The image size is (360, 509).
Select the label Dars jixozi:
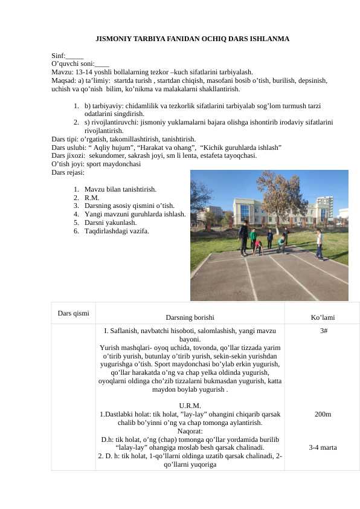pyautogui.click(x=65, y=155)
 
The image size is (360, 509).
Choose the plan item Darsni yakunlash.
pyautogui.click(x=114, y=222)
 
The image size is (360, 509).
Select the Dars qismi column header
pyautogui.click(x=73, y=313)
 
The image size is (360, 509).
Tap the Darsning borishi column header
pyautogui.click(x=189, y=317)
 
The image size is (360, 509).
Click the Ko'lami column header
pyautogui.click(x=323, y=317)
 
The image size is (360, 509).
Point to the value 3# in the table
pyautogui.click(x=323, y=331)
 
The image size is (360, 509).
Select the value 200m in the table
pyautogui.click(x=323, y=414)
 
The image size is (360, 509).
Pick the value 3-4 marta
pyautogui.click(x=323, y=448)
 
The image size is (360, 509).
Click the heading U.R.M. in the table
pyautogui.click(x=190, y=405)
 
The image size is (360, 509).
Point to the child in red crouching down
pyautogui.click(x=259, y=246)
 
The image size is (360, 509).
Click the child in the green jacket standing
pyautogui.click(x=254, y=238)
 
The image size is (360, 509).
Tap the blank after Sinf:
pyautogui.click(x=75, y=55)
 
